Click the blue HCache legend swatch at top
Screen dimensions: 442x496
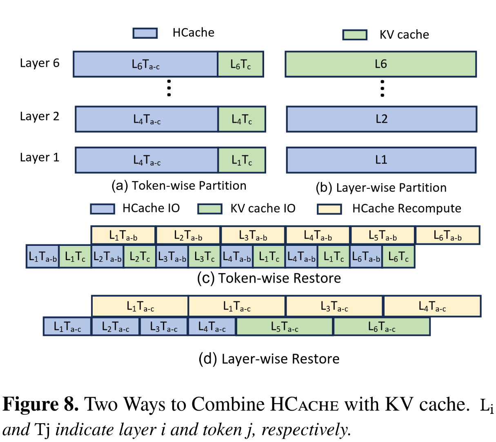[145, 33]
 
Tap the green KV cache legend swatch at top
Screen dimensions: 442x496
[355, 35]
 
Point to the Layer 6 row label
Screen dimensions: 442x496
[40, 63]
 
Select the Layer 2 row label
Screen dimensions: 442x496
[40, 116]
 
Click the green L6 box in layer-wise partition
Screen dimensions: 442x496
[380, 64]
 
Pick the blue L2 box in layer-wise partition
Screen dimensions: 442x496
[381, 119]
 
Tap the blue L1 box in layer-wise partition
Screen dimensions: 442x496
[381, 160]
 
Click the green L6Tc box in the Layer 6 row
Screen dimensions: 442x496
[240, 64]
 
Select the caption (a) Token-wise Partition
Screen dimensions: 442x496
[179, 186]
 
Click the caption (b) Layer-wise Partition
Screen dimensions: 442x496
[381, 188]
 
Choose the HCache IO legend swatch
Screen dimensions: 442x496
[102, 209]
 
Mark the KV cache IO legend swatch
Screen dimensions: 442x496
[210, 209]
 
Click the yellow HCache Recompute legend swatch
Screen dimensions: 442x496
[329, 209]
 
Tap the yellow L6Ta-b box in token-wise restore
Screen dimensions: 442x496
[447, 235]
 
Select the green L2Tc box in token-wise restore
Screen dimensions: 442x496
[140, 256]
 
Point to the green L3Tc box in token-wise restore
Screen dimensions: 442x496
[205, 256]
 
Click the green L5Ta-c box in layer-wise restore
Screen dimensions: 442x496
[285, 327]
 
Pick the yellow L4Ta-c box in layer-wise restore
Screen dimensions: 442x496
[432, 306]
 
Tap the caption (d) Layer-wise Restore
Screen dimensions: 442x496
[269, 359]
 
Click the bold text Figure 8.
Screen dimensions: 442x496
[40, 404]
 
